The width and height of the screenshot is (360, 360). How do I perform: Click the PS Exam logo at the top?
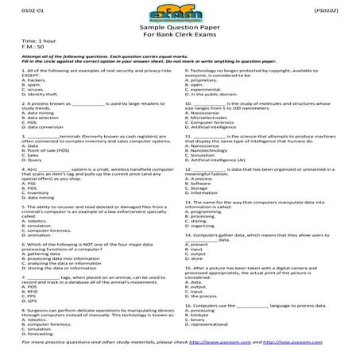[180, 16]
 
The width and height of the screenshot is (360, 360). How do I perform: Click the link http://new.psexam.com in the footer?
[309, 349]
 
